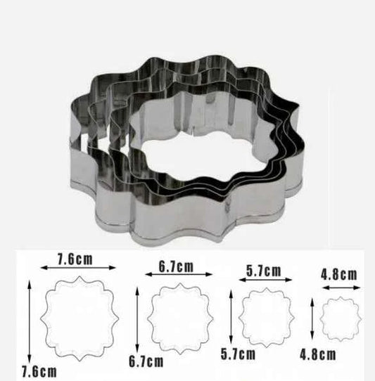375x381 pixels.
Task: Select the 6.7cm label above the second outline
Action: (176, 266)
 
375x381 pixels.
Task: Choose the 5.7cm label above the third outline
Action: (263, 271)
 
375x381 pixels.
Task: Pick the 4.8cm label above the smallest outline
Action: (340, 275)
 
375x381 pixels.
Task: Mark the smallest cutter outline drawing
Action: (340, 320)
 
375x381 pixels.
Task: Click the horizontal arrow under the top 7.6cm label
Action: (77, 267)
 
